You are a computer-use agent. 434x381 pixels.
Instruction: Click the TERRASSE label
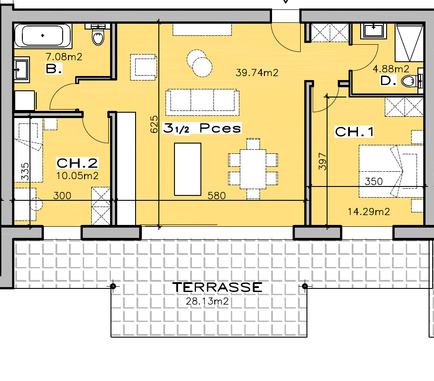217,287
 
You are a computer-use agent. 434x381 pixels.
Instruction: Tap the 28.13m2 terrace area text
207,301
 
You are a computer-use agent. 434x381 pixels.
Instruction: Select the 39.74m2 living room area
257,72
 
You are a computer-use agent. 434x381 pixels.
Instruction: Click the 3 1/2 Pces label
202,128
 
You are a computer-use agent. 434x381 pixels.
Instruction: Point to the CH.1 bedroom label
354,132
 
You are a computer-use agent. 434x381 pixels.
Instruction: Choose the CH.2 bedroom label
77,163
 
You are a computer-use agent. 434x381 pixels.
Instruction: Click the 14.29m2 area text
369,212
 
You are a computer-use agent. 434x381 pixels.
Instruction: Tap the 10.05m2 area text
77,176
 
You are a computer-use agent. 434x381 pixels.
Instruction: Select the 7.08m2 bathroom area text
64,57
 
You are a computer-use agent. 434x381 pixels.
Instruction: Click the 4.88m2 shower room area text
391,68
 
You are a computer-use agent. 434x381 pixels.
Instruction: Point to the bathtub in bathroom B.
43,36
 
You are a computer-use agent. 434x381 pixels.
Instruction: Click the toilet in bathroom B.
98,35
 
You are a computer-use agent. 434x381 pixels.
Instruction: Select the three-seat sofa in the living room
202,102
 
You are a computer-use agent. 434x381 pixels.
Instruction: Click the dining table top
253,169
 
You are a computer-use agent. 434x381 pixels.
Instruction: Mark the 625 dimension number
154,124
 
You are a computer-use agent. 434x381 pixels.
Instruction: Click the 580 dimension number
217,195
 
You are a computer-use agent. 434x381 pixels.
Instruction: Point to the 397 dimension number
323,161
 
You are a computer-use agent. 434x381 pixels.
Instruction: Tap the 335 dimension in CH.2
25,172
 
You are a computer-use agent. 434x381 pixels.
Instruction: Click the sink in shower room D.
374,31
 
